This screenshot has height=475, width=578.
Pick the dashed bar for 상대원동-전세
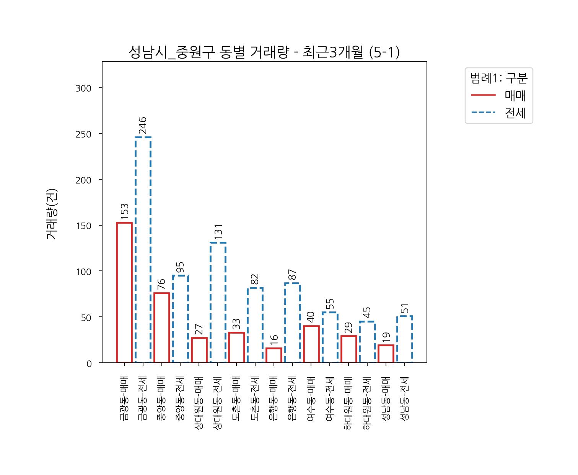218,302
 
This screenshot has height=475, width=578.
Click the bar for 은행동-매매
274,355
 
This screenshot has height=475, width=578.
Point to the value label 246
143,125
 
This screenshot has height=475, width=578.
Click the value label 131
218,232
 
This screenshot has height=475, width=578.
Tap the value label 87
293,275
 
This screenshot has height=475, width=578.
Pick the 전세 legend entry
515,113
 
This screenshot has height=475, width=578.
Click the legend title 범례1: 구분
499,78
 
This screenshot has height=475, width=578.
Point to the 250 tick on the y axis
84,134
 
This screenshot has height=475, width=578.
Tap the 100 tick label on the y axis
84,272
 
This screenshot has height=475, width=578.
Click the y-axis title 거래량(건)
52,214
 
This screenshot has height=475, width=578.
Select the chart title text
264,52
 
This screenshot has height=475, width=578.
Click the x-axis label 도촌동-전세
255,398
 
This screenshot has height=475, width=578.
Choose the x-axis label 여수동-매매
311,398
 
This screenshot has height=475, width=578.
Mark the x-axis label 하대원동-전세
367,403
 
